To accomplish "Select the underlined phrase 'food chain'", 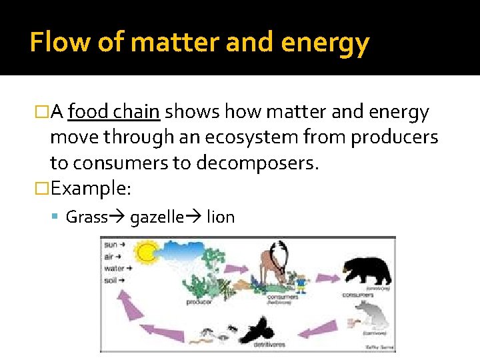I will [114, 112].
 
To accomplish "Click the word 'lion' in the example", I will [221, 217].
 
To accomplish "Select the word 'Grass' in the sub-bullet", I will [87, 217].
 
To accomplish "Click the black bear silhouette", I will [367, 269].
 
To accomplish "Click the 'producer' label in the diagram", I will [199, 302].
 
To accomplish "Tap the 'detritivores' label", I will [269, 345].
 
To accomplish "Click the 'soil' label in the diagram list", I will [111, 281].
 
